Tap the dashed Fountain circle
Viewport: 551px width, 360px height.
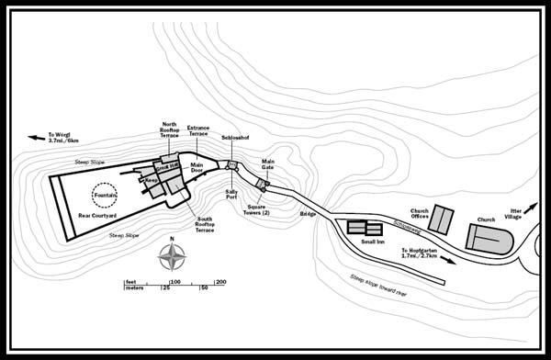click(x=105, y=195)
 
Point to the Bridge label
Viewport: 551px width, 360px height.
click(x=308, y=213)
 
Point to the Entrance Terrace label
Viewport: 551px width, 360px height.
click(x=199, y=131)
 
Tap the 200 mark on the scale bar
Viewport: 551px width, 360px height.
click(x=220, y=281)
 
